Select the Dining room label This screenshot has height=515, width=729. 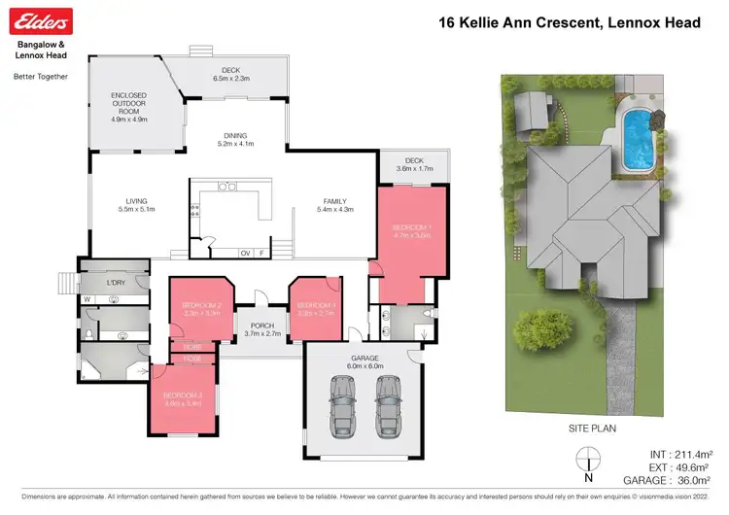pyautogui.click(x=234, y=140)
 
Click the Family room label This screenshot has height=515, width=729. pyautogui.click(x=333, y=204)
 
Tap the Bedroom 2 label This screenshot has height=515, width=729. pyautogui.click(x=202, y=310)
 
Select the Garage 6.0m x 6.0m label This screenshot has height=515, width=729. pyautogui.click(x=363, y=361)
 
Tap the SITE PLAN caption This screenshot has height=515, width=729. pyautogui.click(x=591, y=427)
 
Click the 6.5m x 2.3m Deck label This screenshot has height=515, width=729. pyautogui.click(x=231, y=73)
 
